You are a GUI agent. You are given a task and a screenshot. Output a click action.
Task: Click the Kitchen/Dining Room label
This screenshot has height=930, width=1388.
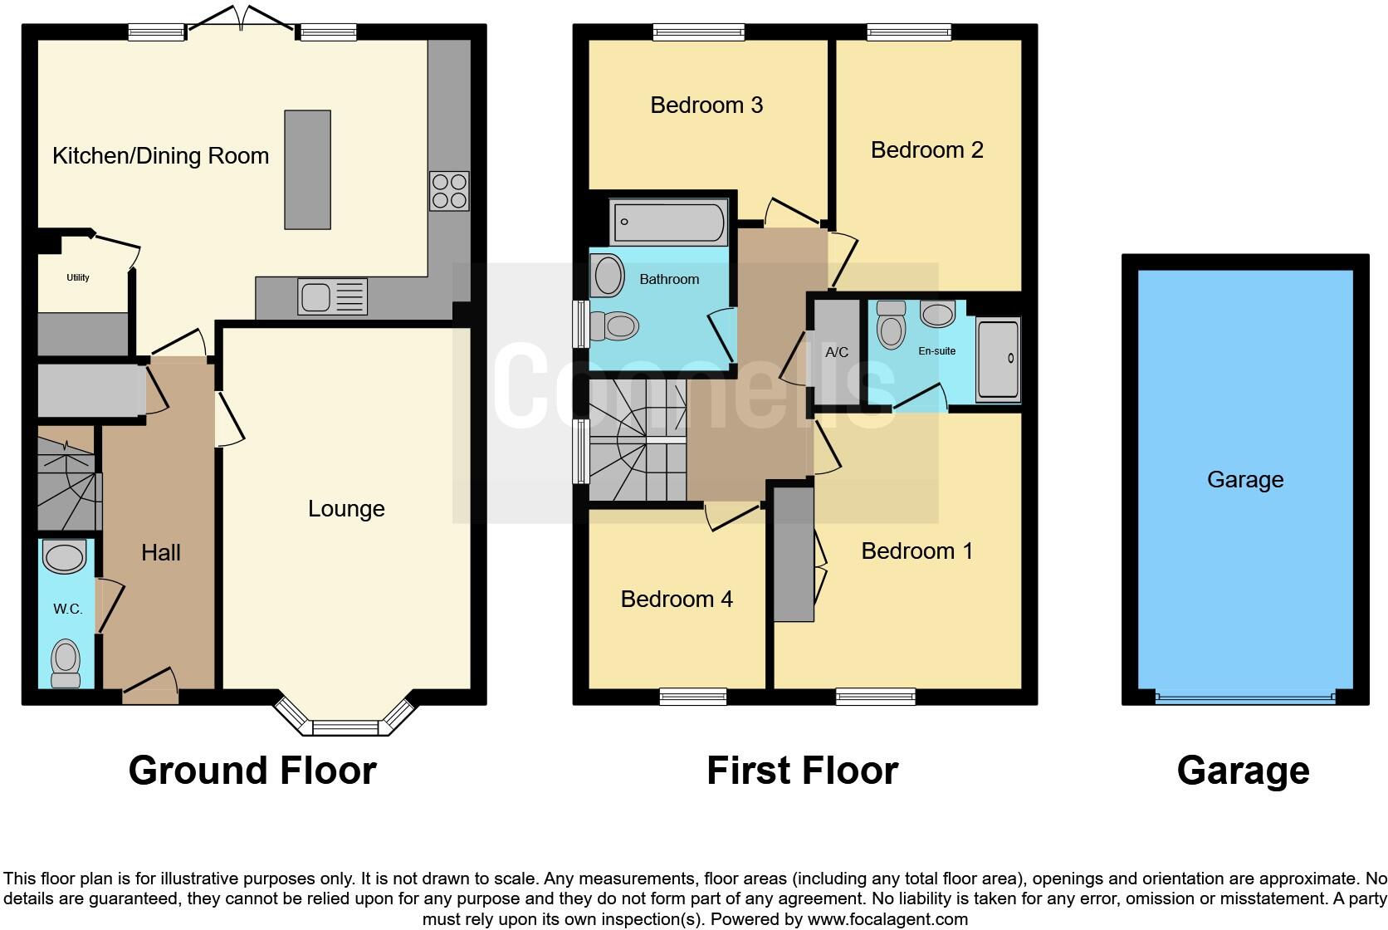tap(160, 156)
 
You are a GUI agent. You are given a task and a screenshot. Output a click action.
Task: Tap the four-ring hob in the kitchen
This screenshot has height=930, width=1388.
tap(448, 191)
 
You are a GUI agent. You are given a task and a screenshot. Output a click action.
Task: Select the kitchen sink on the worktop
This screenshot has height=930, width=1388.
tap(332, 296)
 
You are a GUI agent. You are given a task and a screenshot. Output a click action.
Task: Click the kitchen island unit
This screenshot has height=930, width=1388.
tap(307, 169)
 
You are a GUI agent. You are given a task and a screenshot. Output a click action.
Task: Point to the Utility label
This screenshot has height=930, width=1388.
tap(78, 277)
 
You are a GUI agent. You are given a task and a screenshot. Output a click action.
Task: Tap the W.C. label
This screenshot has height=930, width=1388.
tap(67, 609)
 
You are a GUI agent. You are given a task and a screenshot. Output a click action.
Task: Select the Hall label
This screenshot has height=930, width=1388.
tap(160, 553)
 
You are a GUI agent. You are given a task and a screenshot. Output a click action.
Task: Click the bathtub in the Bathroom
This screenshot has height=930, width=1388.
tap(668, 222)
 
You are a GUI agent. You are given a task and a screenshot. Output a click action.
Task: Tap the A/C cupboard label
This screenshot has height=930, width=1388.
tap(837, 352)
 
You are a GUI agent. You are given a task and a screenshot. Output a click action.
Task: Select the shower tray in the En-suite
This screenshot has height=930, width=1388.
tap(997, 359)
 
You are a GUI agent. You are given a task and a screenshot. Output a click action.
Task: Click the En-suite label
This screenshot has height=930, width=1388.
tap(936, 351)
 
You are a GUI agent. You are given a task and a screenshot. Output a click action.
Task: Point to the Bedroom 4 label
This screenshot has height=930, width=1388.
tap(677, 600)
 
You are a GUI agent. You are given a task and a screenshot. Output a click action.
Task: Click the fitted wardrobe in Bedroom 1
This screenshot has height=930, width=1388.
tap(794, 554)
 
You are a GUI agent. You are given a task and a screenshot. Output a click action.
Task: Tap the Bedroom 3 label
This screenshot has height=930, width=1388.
tap(706, 105)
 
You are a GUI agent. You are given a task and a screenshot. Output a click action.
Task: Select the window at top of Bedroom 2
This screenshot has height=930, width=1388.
tap(909, 32)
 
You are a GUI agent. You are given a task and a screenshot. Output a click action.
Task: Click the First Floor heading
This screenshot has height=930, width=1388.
tap(802, 771)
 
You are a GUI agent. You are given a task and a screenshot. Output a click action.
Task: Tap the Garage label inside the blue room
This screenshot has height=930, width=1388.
tap(1244, 480)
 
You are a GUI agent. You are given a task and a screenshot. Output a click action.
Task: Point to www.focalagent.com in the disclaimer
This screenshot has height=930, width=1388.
tap(887, 919)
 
